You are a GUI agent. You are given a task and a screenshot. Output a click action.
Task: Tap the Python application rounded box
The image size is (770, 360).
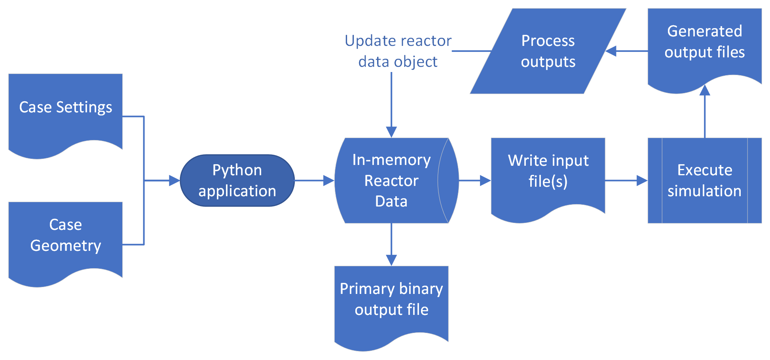237,180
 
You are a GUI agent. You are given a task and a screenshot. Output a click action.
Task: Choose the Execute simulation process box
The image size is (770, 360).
704,180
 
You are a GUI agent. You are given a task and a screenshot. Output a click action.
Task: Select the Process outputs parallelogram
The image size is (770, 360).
548,51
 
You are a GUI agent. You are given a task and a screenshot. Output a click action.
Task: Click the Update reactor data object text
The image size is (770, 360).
398,51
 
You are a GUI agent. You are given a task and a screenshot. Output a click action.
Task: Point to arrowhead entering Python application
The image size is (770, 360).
174,180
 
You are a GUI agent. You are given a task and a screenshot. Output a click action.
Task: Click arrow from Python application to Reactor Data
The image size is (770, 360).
315,180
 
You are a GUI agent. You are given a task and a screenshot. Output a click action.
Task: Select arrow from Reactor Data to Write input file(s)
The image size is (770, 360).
475,180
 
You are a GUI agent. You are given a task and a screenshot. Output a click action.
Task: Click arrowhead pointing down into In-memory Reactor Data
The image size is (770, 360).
391,132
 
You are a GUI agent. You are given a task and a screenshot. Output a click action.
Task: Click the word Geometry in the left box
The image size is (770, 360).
66,246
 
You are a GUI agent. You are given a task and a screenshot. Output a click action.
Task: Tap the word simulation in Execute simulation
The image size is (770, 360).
704,191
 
